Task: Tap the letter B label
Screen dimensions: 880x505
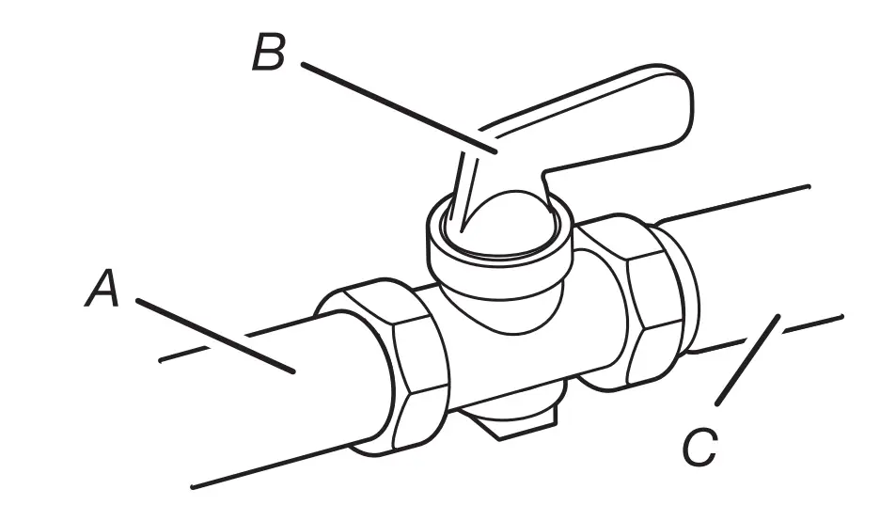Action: pos(269,54)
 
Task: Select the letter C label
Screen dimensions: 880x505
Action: pos(699,449)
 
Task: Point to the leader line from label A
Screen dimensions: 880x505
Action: pos(216,336)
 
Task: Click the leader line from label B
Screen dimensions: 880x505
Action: pos(395,105)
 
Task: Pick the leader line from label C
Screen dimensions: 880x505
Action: pos(747,362)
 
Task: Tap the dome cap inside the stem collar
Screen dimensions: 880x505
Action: pos(508,221)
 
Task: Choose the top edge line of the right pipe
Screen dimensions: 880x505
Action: pos(733,203)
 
